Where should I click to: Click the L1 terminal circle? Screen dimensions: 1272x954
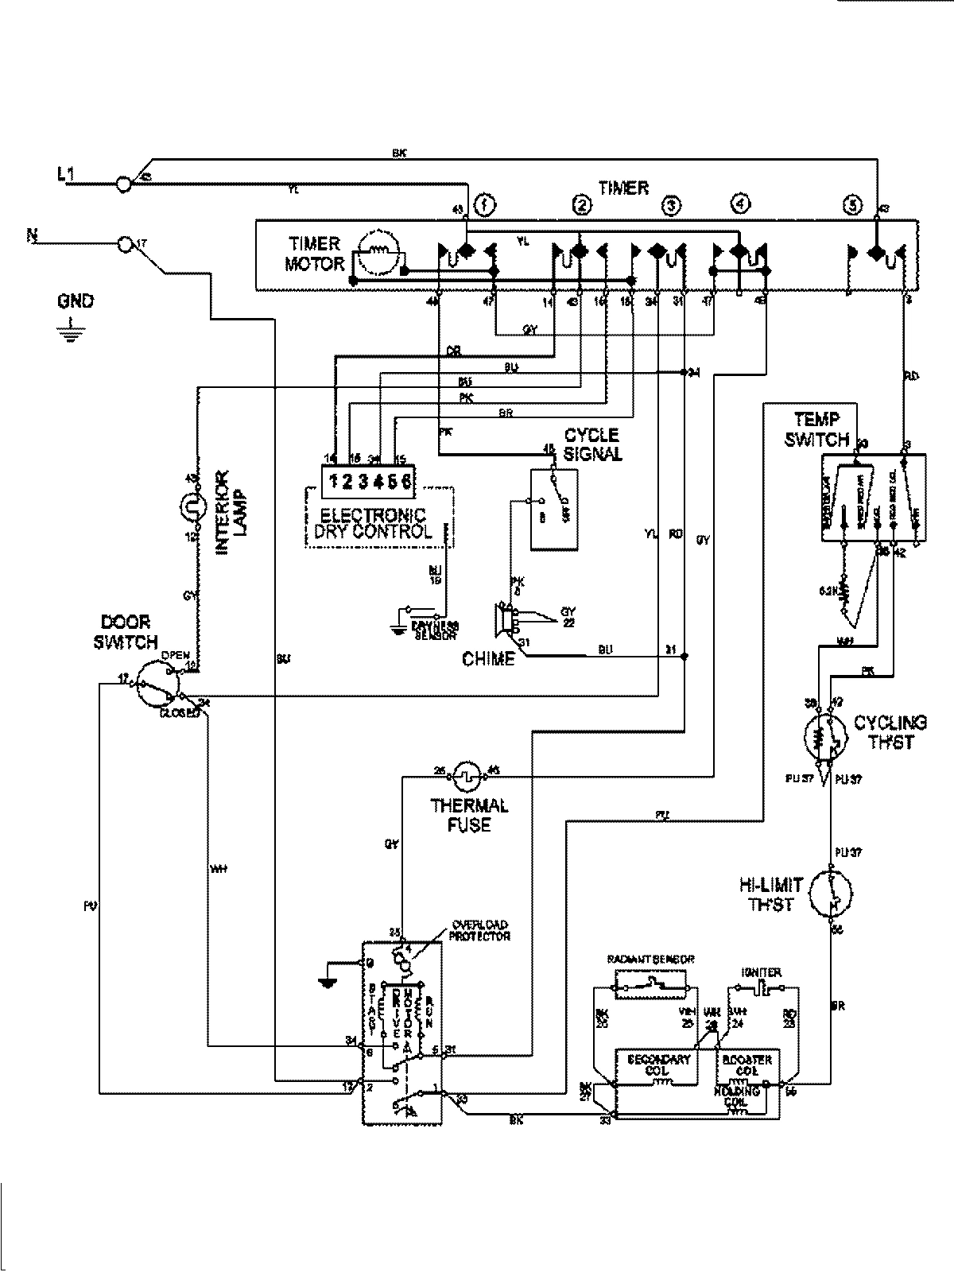pyautogui.click(x=123, y=184)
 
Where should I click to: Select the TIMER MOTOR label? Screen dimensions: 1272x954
pyautogui.click(x=315, y=254)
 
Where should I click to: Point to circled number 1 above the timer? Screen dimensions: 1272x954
pyautogui.click(x=484, y=206)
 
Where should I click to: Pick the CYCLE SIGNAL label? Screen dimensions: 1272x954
pyautogui.click(x=592, y=444)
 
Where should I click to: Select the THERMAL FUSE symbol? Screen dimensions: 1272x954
pyautogui.click(x=466, y=771)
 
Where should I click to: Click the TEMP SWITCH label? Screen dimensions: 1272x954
pyautogui.click(x=817, y=429)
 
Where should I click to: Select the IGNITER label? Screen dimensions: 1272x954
pyautogui.click(x=761, y=971)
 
